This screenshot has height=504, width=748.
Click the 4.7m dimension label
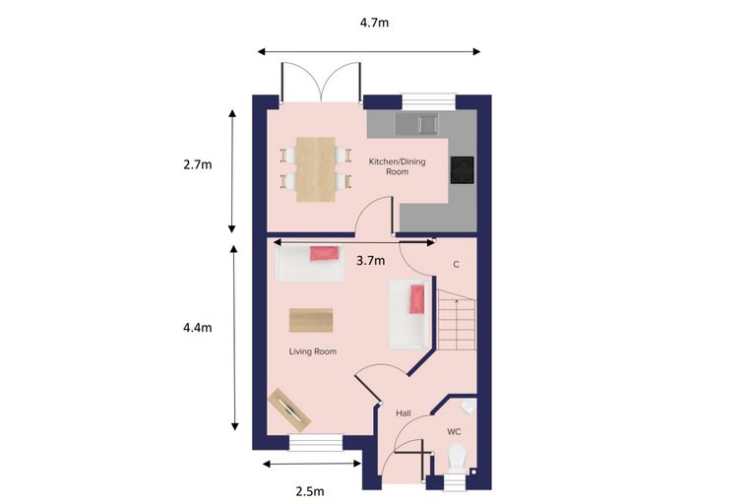tap(374, 23)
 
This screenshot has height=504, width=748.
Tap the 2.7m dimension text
tap(198, 164)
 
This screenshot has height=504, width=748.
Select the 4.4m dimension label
tap(198, 328)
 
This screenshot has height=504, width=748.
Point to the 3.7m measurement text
tap(371, 261)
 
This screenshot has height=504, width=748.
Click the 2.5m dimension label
tap(310, 491)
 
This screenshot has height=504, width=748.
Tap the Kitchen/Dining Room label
tap(397, 166)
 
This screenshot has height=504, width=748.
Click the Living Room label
tap(313, 351)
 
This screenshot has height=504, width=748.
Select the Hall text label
tap(404, 413)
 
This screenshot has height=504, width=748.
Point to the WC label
tap(454, 432)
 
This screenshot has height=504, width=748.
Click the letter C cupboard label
tap(456, 265)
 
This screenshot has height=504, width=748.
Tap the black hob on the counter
tap(463, 170)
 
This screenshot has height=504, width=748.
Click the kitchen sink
tap(416, 124)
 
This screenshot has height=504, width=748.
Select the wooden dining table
tap(315, 169)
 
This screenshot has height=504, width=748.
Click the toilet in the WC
tap(457, 458)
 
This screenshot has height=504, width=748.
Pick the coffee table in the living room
tap(311, 320)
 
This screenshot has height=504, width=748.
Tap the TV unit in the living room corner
tap(289, 410)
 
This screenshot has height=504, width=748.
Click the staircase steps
tap(457, 319)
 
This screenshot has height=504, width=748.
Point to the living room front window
tap(316, 442)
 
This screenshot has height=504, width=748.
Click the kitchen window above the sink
tap(428, 101)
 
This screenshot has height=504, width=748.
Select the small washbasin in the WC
tap(467, 408)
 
